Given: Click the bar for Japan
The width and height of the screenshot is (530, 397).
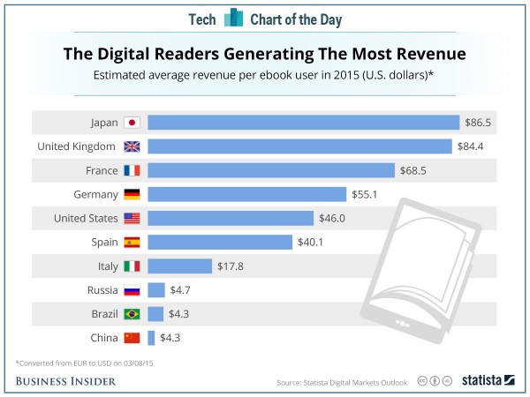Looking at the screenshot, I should tap(303, 123).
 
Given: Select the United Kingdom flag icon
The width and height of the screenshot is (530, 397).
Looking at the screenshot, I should tap(132, 146).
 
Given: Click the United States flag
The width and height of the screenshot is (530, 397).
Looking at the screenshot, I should tap(132, 218).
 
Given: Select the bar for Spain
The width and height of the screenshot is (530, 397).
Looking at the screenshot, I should tap(220, 242).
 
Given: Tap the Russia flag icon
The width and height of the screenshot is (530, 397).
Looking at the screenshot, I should tap(132, 289).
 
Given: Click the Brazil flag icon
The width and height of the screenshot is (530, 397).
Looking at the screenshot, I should tap(132, 313).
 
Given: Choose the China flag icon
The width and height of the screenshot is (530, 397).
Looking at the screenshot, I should tap(132, 337).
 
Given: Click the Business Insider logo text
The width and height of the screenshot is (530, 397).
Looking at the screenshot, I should tap(69, 380).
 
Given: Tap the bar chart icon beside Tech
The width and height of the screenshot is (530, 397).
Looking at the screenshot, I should tap(234, 19).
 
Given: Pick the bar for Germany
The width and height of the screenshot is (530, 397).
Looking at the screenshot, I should tap(247, 194).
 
